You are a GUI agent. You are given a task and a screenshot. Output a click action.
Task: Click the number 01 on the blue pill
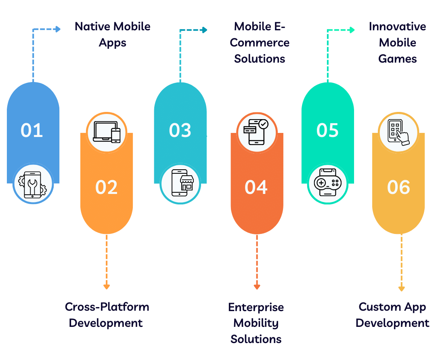pos(32,131)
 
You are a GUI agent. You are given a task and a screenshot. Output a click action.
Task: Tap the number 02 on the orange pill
pos(106,187)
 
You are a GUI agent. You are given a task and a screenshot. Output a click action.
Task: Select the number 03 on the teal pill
pos(180,131)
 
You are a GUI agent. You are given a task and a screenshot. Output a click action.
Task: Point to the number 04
pos(256,187)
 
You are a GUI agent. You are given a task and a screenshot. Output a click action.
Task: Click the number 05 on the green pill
pos(327,131)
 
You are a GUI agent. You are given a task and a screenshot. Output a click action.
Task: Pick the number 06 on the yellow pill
pos(398,187)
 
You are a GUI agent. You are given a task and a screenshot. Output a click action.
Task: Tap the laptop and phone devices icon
pos(107,132)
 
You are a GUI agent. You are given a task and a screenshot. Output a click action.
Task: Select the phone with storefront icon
pos(180,184)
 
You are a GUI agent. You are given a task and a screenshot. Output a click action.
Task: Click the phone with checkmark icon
pos(257,132)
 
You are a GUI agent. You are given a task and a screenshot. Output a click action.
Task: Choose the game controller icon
pos(327,184)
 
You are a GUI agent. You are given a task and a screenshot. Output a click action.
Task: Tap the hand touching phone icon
pos(398,132)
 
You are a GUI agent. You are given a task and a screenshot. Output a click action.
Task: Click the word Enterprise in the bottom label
pos(256,307)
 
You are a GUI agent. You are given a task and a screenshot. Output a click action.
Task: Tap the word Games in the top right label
pos(398,59)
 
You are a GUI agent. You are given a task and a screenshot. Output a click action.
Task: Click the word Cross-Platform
pos(107,307)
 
